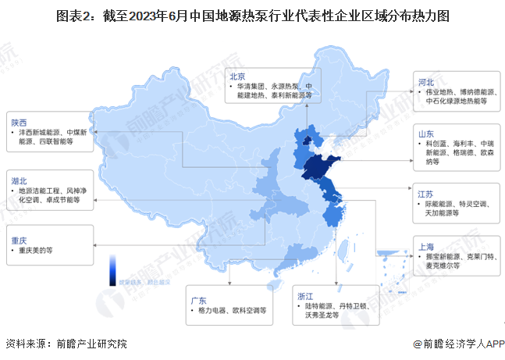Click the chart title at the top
click(x=252, y=15)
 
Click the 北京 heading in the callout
click(x=237, y=76)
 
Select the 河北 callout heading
click(x=426, y=81)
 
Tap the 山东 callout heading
click(x=426, y=134)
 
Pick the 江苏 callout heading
click(x=426, y=193)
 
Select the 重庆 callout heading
click(x=20, y=240)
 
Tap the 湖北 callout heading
click(x=20, y=180)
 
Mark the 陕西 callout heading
click(x=20, y=123)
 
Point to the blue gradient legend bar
click(x=113, y=266)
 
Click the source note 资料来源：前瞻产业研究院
click(x=66, y=344)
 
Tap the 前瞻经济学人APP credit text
click(x=457, y=344)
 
